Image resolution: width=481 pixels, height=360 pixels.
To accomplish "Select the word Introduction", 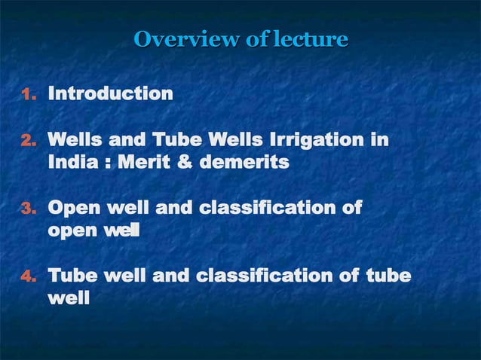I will (x=110, y=94).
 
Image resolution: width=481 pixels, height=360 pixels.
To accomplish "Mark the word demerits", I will (x=246, y=161).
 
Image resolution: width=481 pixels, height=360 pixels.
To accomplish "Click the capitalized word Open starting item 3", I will (x=71, y=209).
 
